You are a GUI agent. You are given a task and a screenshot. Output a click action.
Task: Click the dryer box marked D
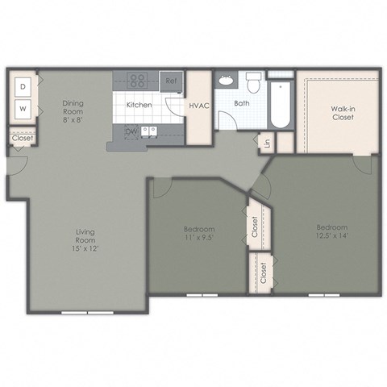point(23,85)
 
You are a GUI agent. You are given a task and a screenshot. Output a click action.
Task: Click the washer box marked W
point(23,108)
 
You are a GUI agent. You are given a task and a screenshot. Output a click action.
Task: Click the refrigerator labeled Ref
point(172,81)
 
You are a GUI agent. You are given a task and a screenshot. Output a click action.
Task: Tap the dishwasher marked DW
point(129,131)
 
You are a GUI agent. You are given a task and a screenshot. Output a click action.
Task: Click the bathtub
point(280,103)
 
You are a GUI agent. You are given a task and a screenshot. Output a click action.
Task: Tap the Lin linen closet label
point(267,144)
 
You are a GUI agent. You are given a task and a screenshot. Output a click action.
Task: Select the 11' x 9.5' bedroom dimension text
point(198,239)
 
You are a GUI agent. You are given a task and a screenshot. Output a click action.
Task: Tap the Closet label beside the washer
point(22,138)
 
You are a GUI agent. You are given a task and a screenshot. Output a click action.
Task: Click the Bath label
point(242,104)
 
